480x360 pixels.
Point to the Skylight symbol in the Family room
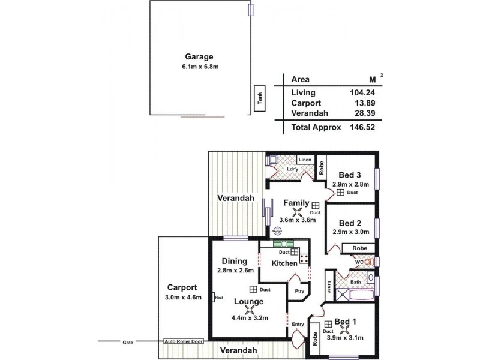pyautogui.click(x=277, y=229)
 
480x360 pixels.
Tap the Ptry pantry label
pyautogui.click(x=299, y=292)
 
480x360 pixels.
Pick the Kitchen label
pyautogui.click(x=284, y=263)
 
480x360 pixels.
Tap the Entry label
pyautogui.click(x=297, y=325)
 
